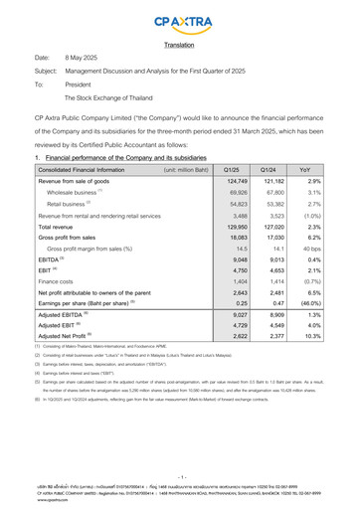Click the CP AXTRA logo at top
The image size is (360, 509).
[x=179, y=21]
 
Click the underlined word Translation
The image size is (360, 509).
[x=179, y=45]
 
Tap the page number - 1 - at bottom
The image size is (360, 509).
[x=179, y=476]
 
